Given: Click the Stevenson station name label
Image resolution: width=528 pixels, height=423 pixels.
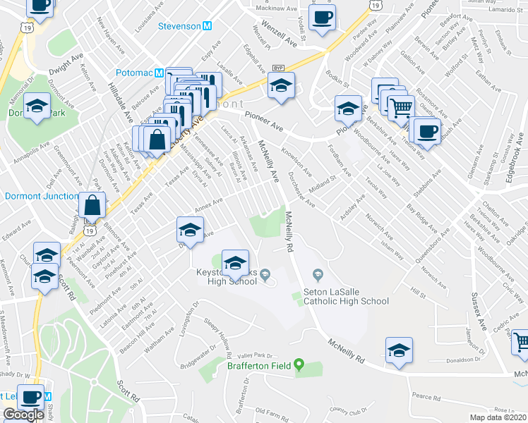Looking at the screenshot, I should point(179,26).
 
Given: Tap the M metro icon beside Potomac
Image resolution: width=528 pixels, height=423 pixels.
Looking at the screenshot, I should point(160,73).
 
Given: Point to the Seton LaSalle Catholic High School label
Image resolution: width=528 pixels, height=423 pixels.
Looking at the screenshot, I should point(346,296).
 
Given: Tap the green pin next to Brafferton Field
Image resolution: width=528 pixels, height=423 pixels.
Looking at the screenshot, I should point(299,364).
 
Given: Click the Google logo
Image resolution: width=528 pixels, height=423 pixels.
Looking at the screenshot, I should point(23,415).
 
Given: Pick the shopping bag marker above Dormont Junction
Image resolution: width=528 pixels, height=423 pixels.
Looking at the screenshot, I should point(92,207).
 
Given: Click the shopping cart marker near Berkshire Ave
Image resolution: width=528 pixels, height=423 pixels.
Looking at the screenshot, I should point(401,109).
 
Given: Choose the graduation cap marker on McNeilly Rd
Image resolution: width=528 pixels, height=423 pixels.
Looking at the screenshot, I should point(399,350).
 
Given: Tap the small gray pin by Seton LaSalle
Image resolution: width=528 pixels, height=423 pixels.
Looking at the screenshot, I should point(318,274).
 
